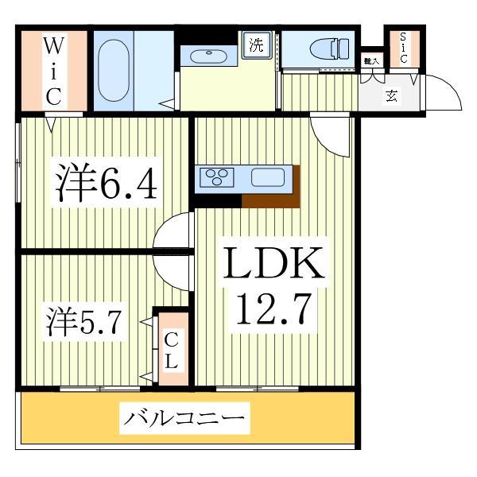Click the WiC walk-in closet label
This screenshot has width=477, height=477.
(52, 70)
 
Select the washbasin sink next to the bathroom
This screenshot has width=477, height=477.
(207, 56)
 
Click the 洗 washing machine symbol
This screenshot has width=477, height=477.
(255, 44)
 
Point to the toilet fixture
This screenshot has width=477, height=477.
(325, 47)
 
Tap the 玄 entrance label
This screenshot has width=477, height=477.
(392, 97)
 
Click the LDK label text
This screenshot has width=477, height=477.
(273, 265)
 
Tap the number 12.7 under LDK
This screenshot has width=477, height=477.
(273, 307)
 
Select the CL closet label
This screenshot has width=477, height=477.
(171, 351)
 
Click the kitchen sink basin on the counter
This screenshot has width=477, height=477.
(267, 177)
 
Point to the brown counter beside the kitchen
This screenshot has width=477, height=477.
(270, 196)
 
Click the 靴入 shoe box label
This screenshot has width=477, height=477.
(370, 61)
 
